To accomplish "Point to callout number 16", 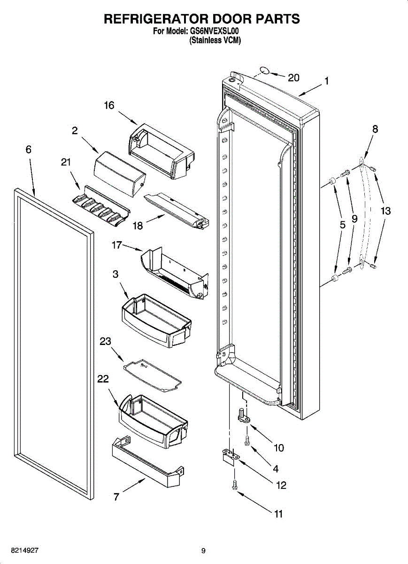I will point(109,105).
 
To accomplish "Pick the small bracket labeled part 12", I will point(230,456).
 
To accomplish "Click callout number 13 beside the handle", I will point(385,211).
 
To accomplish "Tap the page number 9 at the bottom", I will point(203,550).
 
